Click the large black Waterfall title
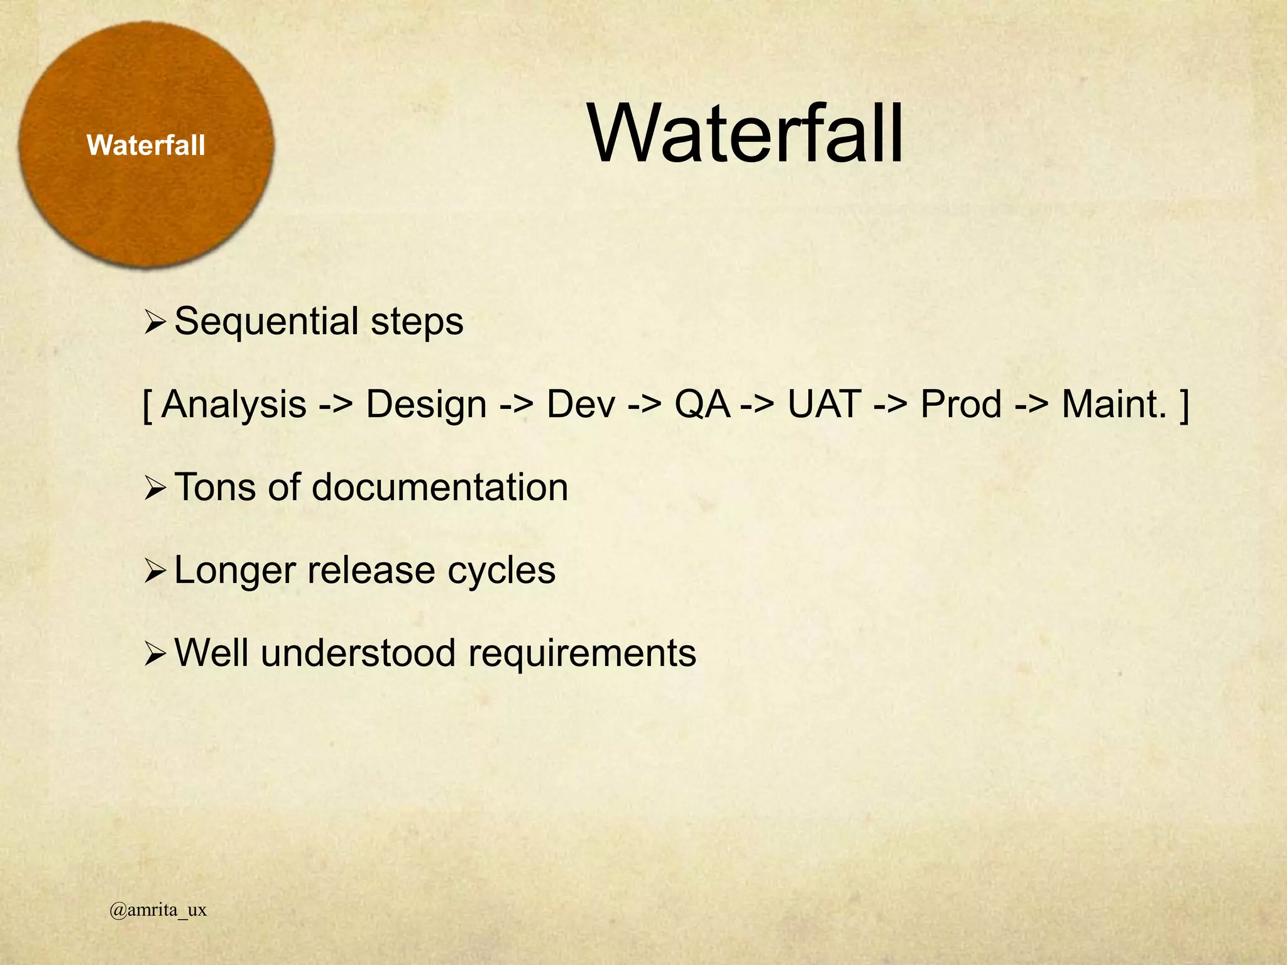tap(745, 134)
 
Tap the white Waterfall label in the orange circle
tap(146, 146)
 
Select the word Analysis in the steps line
tap(234, 404)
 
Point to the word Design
tap(426, 405)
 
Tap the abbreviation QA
tap(702, 404)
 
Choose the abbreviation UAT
tap(824, 404)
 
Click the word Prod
tap(960, 404)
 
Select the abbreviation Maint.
tap(1114, 404)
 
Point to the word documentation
tap(440, 487)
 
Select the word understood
tap(358, 653)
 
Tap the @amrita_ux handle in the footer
tap(158, 910)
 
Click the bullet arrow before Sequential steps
tap(154, 324)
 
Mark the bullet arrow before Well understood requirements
tap(154, 655)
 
